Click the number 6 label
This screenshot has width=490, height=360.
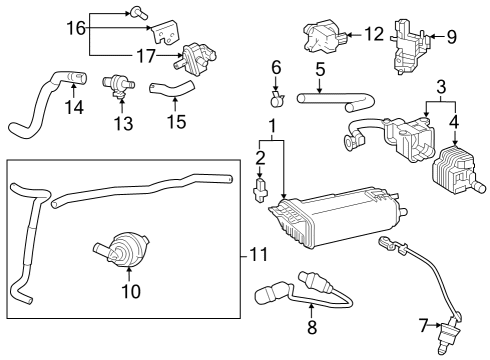(x=277, y=67)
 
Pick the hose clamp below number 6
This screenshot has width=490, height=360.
(x=278, y=98)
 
